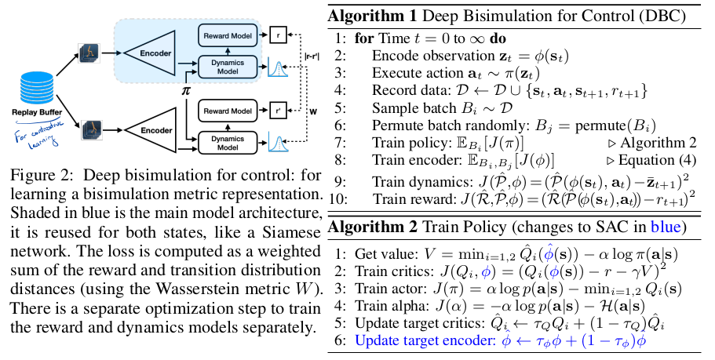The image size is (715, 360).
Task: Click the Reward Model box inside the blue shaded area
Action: tap(226, 36)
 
